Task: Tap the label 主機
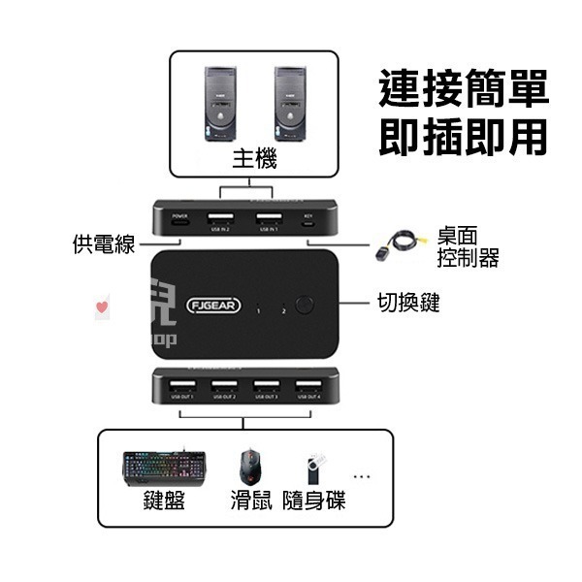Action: click(x=255, y=159)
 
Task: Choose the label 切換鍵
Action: click(x=408, y=303)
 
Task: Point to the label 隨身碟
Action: click(x=313, y=501)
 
